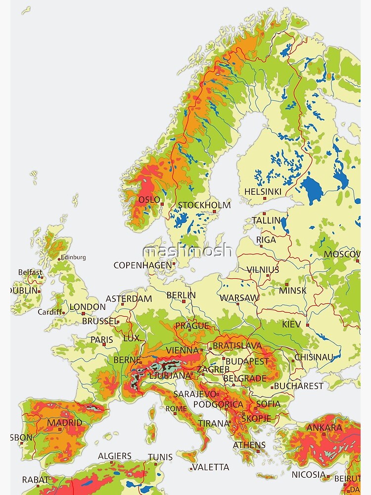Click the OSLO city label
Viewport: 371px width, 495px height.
coord(149,199)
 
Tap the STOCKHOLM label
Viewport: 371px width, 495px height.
coord(204,205)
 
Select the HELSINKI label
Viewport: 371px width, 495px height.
coord(263,192)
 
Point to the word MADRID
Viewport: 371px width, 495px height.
coord(65,423)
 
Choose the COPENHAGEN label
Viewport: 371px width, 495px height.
coord(142,265)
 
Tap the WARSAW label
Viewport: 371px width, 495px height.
coord(239,298)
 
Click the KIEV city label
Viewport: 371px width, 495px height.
coord(291,325)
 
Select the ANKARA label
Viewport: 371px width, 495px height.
coord(324,428)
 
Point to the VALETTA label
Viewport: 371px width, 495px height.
coord(211,467)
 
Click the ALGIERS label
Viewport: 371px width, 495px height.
coord(115,456)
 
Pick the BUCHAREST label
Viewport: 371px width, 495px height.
coord(298,386)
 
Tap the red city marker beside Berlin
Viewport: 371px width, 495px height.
coord(183,301)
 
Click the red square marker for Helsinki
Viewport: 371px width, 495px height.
coord(265,198)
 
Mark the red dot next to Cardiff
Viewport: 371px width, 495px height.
coord(64,312)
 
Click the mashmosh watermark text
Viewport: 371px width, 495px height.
coord(187,250)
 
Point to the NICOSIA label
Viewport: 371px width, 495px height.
coord(308,475)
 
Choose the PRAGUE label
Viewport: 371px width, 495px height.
coord(191,326)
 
